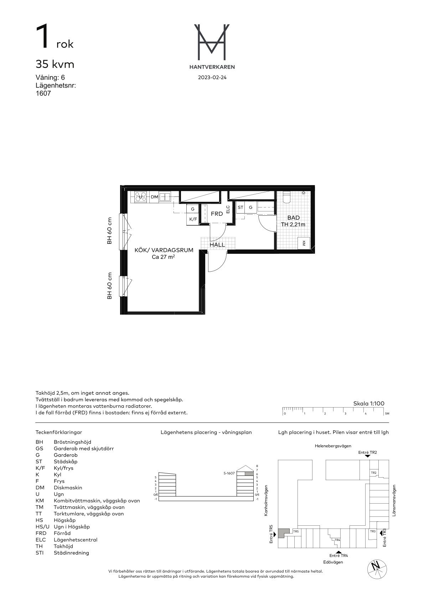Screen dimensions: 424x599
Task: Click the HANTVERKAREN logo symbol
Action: pyautogui.click(x=212, y=42)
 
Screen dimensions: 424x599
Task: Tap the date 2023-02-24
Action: pyautogui.click(x=212, y=78)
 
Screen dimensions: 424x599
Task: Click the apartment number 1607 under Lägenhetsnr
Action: pyautogui.click(x=43, y=93)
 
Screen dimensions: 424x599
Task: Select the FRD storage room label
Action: pyautogui.click(x=217, y=214)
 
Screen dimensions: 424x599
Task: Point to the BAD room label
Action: pyautogui.click(x=293, y=218)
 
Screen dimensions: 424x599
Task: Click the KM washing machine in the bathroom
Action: pyautogui.click(x=304, y=243)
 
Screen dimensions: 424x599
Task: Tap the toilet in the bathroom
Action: pyautogui.click(x=286, y=198)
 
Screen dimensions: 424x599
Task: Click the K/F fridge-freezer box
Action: pyautogui.click(x=193, y=219)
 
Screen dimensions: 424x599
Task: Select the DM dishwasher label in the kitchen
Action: pyautogui.click(x=154, y=197)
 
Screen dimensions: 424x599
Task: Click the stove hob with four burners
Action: pyautogui.click(x=140, y=197)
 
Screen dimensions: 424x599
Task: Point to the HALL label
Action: pyautogui.click(x=217, y=245)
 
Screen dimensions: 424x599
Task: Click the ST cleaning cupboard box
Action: pyautogui.click(x=241, y=207)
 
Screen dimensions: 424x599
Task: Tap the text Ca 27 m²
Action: pyautogui.click(x=164, y=257)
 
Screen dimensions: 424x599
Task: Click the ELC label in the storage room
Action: pyautogui.click(x=228, y=209)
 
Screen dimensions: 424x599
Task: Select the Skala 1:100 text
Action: pyautogui.click(x=368, y=404)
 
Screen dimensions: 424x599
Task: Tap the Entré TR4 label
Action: pyautogui.click(x=338, y=556)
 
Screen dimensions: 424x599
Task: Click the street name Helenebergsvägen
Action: pyautogui.click(x=333, y=446)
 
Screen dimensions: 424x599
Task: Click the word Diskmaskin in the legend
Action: pyautogui.click(x=68, y=488)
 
